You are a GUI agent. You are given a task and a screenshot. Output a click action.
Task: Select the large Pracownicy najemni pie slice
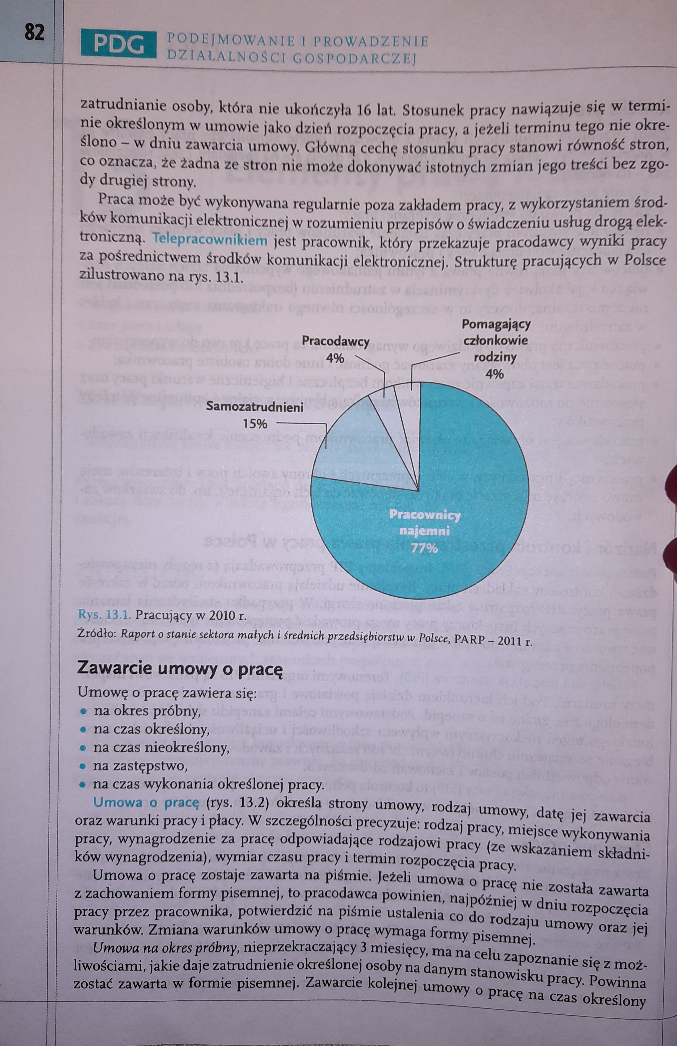pos(461,505)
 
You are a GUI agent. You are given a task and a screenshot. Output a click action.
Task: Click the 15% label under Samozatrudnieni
pos(255,424)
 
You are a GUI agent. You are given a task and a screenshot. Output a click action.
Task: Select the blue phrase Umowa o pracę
pos(147,803)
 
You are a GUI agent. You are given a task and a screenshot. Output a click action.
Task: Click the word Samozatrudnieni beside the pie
pos(255,407)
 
